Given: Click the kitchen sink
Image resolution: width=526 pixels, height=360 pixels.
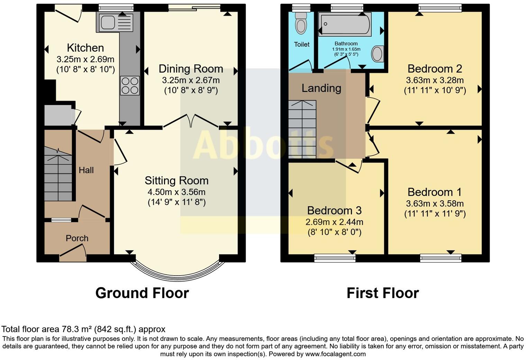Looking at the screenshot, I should coord(115,23).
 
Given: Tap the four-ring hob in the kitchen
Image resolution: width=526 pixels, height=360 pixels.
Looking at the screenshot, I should coord(130,85).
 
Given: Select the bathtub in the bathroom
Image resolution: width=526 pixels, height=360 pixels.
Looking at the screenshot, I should coord(345,24).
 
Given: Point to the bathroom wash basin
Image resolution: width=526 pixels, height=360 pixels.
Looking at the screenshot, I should coord(377,54).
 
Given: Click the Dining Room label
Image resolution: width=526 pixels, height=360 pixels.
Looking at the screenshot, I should coord(191,69).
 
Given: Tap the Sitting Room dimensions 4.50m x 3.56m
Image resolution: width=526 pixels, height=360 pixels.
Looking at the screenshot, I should coord(176,192).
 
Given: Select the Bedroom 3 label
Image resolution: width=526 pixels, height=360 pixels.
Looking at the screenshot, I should coord(334,210).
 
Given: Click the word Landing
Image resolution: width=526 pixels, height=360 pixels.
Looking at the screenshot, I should coord(321,88).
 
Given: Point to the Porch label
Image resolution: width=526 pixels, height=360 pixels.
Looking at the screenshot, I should coord(77,238).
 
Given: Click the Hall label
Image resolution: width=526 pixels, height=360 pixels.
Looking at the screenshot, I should coord(86,170).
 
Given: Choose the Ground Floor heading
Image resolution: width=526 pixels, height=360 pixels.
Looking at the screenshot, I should coord(142,293).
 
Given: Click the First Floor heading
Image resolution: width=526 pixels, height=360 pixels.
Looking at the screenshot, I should coord(383,293).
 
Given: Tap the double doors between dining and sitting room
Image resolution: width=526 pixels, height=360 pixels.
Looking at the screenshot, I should coord(190,121).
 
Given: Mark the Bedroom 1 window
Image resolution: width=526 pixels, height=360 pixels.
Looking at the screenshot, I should coord(441,258).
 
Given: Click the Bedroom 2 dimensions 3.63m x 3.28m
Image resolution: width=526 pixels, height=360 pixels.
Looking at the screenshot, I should coord(435,81).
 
